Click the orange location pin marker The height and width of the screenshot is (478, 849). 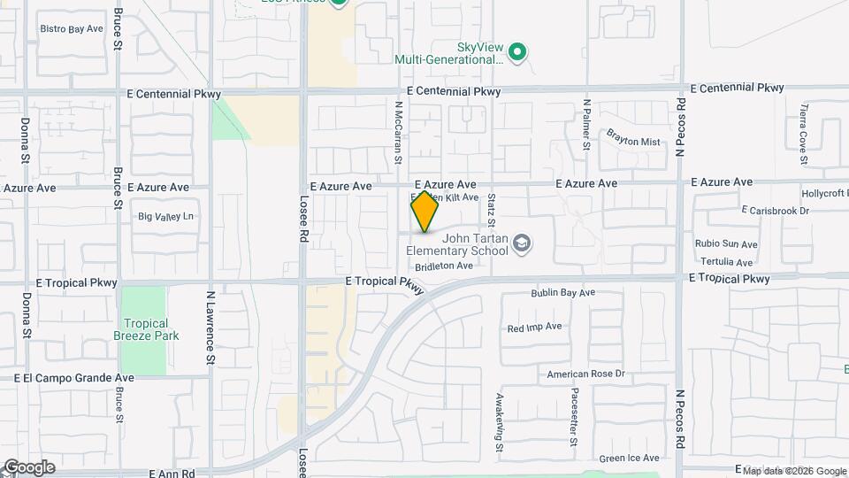coord(424,212)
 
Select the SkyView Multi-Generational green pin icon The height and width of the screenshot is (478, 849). coord(519,53)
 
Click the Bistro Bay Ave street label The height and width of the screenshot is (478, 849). coord(73,29)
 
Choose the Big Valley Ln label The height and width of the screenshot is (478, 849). coord(165,217)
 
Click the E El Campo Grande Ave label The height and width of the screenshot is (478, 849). coord(74,377)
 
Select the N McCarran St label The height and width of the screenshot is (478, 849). coord(399,131)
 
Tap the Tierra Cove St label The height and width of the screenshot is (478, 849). coord(804,135)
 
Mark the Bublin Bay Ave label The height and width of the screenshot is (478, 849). coord(563,293)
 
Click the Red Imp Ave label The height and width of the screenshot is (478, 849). coord(534,327)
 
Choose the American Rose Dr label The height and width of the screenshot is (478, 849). coord(585,374)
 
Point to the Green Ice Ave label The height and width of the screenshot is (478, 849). coord(629,459)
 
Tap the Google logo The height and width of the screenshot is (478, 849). coord(29,467)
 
